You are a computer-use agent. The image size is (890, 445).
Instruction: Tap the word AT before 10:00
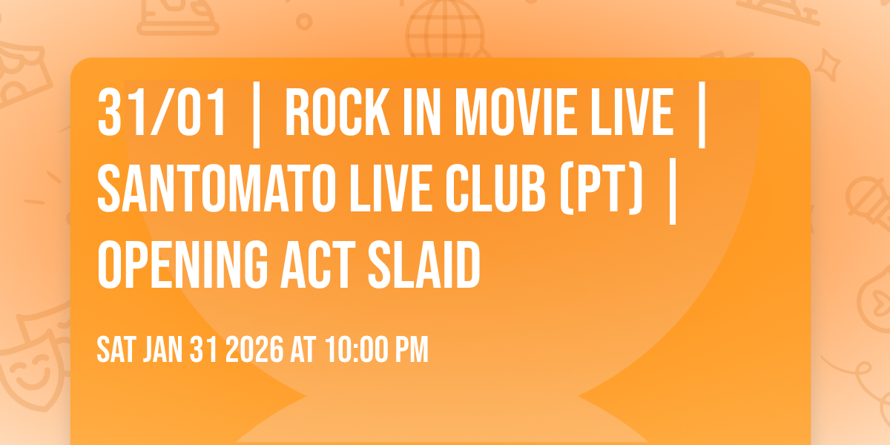tap(304, 349)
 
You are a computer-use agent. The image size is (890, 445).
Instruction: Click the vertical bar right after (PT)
tap(672, 188)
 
